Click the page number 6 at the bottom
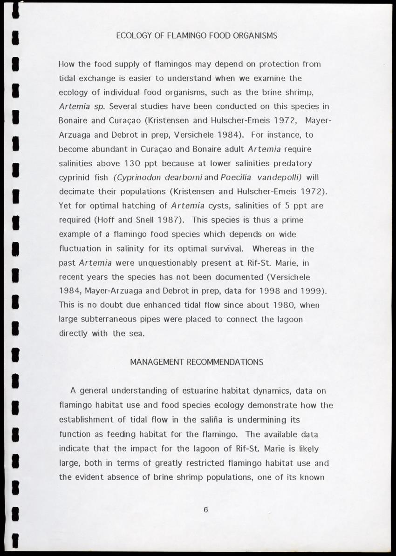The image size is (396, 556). point(205,509)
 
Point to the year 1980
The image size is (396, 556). point(283,305)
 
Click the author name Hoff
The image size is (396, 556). point(109,220)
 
